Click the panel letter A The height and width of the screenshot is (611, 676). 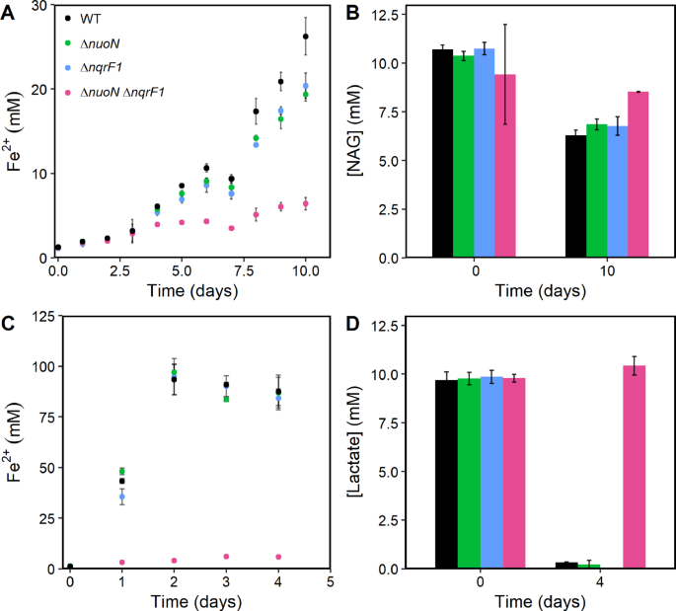click(x=9, y=11)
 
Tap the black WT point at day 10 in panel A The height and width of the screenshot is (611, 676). click(x=306, y=37)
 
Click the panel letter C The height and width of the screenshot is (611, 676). click(x=9, y=322)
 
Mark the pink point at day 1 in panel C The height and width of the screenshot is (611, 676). click(x=121, y=562)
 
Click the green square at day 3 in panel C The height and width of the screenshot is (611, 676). click(x=226, y=399)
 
